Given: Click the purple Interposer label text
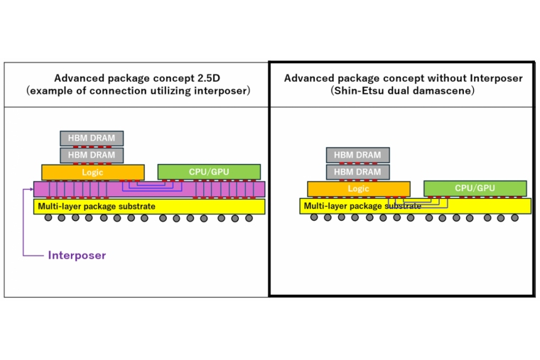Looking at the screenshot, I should coord(77,255).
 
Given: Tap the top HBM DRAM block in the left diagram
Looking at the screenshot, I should coord(92,138).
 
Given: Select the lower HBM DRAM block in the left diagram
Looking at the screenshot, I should coord(92,154).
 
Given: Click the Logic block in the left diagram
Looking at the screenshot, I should coord(93,172).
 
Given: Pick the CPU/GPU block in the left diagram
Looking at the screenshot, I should coord(209,171).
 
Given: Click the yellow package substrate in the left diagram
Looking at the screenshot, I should coord(149,206).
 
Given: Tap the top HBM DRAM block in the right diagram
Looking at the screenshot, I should coord(357,155).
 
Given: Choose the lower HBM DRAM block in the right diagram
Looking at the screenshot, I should coord(357,171).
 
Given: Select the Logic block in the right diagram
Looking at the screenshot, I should coord(358,189).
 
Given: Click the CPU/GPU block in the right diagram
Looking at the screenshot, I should coord(475,188).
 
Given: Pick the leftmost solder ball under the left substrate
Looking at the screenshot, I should coord(48,217).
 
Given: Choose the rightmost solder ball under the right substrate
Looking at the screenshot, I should coord(514,217).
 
